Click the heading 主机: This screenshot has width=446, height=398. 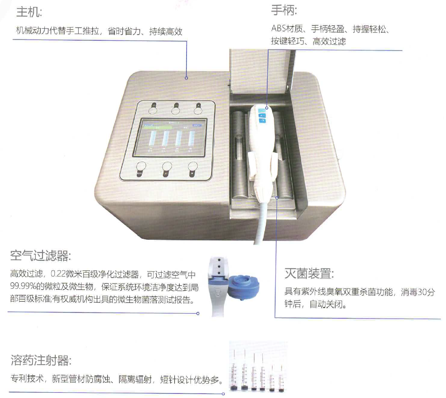(29, 12)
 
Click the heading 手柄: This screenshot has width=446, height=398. (284, 10)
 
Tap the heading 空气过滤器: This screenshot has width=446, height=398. (41, 255)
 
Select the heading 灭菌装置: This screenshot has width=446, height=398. (309, 274)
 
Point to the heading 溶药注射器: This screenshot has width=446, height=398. (41, 360)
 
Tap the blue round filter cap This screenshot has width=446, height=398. (244, 287)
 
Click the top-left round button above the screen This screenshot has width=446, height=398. (153, 108)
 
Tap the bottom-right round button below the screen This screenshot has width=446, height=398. (193, 169)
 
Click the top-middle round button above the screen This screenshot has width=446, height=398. (176, 108)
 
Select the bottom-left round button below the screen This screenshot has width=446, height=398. (141, 169)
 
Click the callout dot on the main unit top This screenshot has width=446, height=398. (186, 78)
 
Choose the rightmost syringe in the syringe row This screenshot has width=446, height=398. (281, 377)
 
